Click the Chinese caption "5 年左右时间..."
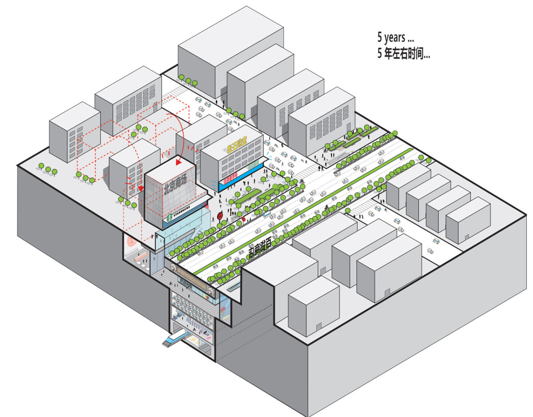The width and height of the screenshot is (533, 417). pyautogui.click(x=403, y=54)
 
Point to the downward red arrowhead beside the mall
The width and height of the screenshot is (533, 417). pyautogui.click(x=141, y=188)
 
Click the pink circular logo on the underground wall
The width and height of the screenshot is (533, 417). pyautogui.click(x=131, y=241)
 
